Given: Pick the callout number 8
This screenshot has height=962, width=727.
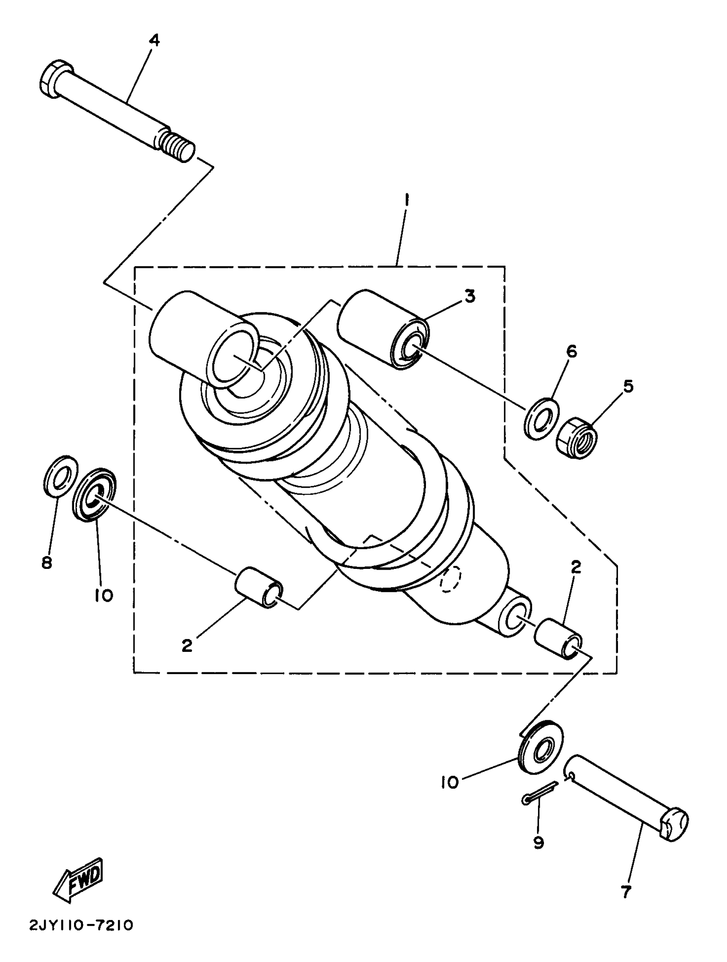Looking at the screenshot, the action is pos(47,562).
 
